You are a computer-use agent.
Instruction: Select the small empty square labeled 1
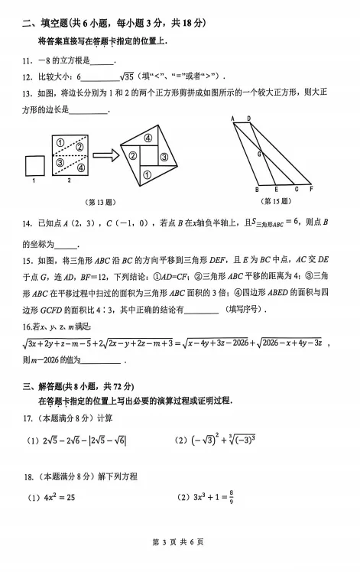coord(34,165)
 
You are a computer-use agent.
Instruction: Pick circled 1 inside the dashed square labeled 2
coord(59,141)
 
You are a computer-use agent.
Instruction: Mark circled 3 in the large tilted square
coord(163,158)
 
